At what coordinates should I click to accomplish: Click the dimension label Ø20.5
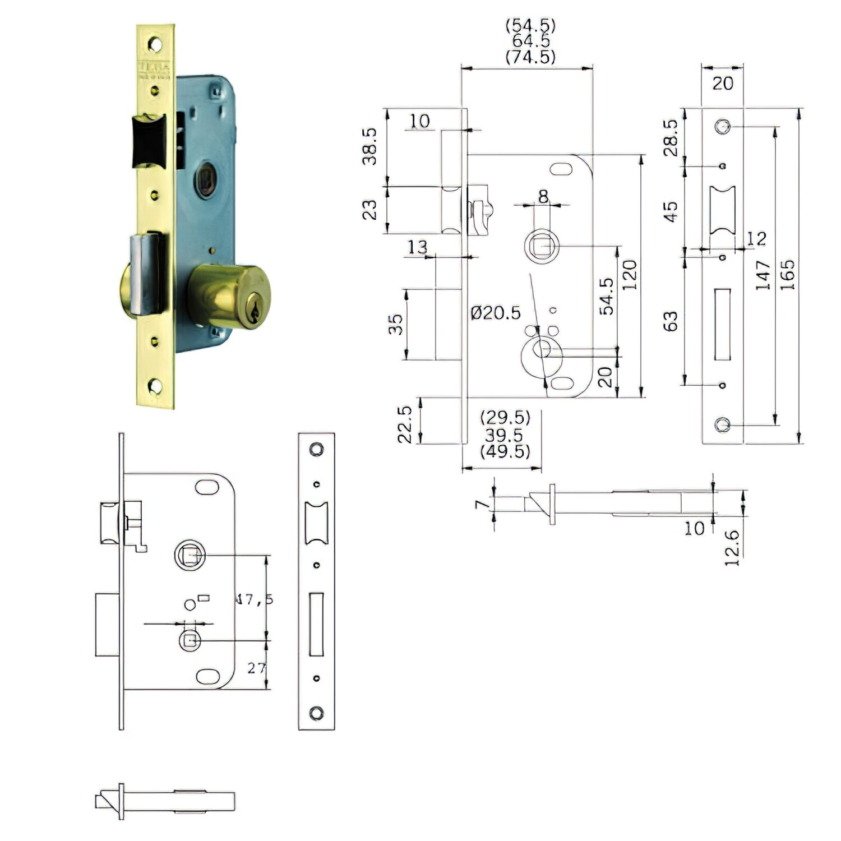[x=496, y=313]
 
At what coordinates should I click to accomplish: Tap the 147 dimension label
[x=763, y=274]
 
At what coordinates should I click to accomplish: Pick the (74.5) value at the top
[x=530, y=57]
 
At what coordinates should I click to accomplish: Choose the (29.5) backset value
[x=505, y=418]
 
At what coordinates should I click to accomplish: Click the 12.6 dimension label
[x=733, y=548]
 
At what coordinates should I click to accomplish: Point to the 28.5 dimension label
[x=671, y=137]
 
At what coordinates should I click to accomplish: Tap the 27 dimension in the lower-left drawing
[x=256, y=668]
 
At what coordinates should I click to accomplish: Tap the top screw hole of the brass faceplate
[x=155, y=44]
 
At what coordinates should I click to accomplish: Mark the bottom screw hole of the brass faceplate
[x=155, y=386]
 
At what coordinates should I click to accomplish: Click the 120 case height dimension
[x=630, y=274]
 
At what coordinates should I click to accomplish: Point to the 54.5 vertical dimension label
[x=607, y=296]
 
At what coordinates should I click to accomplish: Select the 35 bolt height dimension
[x=395, y=324]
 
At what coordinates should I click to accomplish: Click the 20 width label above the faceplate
[x=722, y=84]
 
